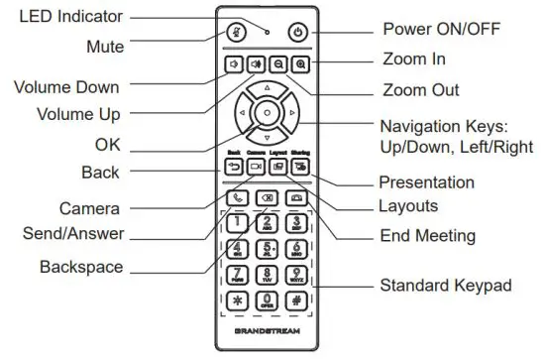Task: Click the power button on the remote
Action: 299,31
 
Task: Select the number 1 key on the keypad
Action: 238,222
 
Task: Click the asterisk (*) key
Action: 238,300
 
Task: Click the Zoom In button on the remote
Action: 300,64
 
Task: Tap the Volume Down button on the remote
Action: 235,64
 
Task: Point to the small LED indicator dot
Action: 269,22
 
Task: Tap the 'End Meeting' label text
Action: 428,236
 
